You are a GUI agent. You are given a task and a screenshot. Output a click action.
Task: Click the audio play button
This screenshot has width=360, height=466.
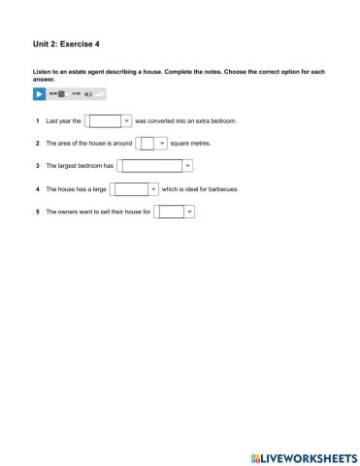39,94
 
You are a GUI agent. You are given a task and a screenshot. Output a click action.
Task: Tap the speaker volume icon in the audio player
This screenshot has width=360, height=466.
87,94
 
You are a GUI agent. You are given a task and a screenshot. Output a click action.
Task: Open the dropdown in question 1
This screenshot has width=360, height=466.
109,121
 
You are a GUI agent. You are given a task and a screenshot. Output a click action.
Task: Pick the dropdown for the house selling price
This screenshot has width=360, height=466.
177,211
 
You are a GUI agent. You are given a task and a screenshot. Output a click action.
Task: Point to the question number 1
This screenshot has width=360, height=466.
37,121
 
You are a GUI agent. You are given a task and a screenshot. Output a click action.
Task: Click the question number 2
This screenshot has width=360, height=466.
37,144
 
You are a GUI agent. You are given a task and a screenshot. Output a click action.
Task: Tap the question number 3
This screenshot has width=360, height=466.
37,166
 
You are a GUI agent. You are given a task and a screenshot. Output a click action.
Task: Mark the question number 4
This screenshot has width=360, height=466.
37,188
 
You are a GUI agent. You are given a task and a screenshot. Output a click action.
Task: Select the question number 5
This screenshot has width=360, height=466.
37,211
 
